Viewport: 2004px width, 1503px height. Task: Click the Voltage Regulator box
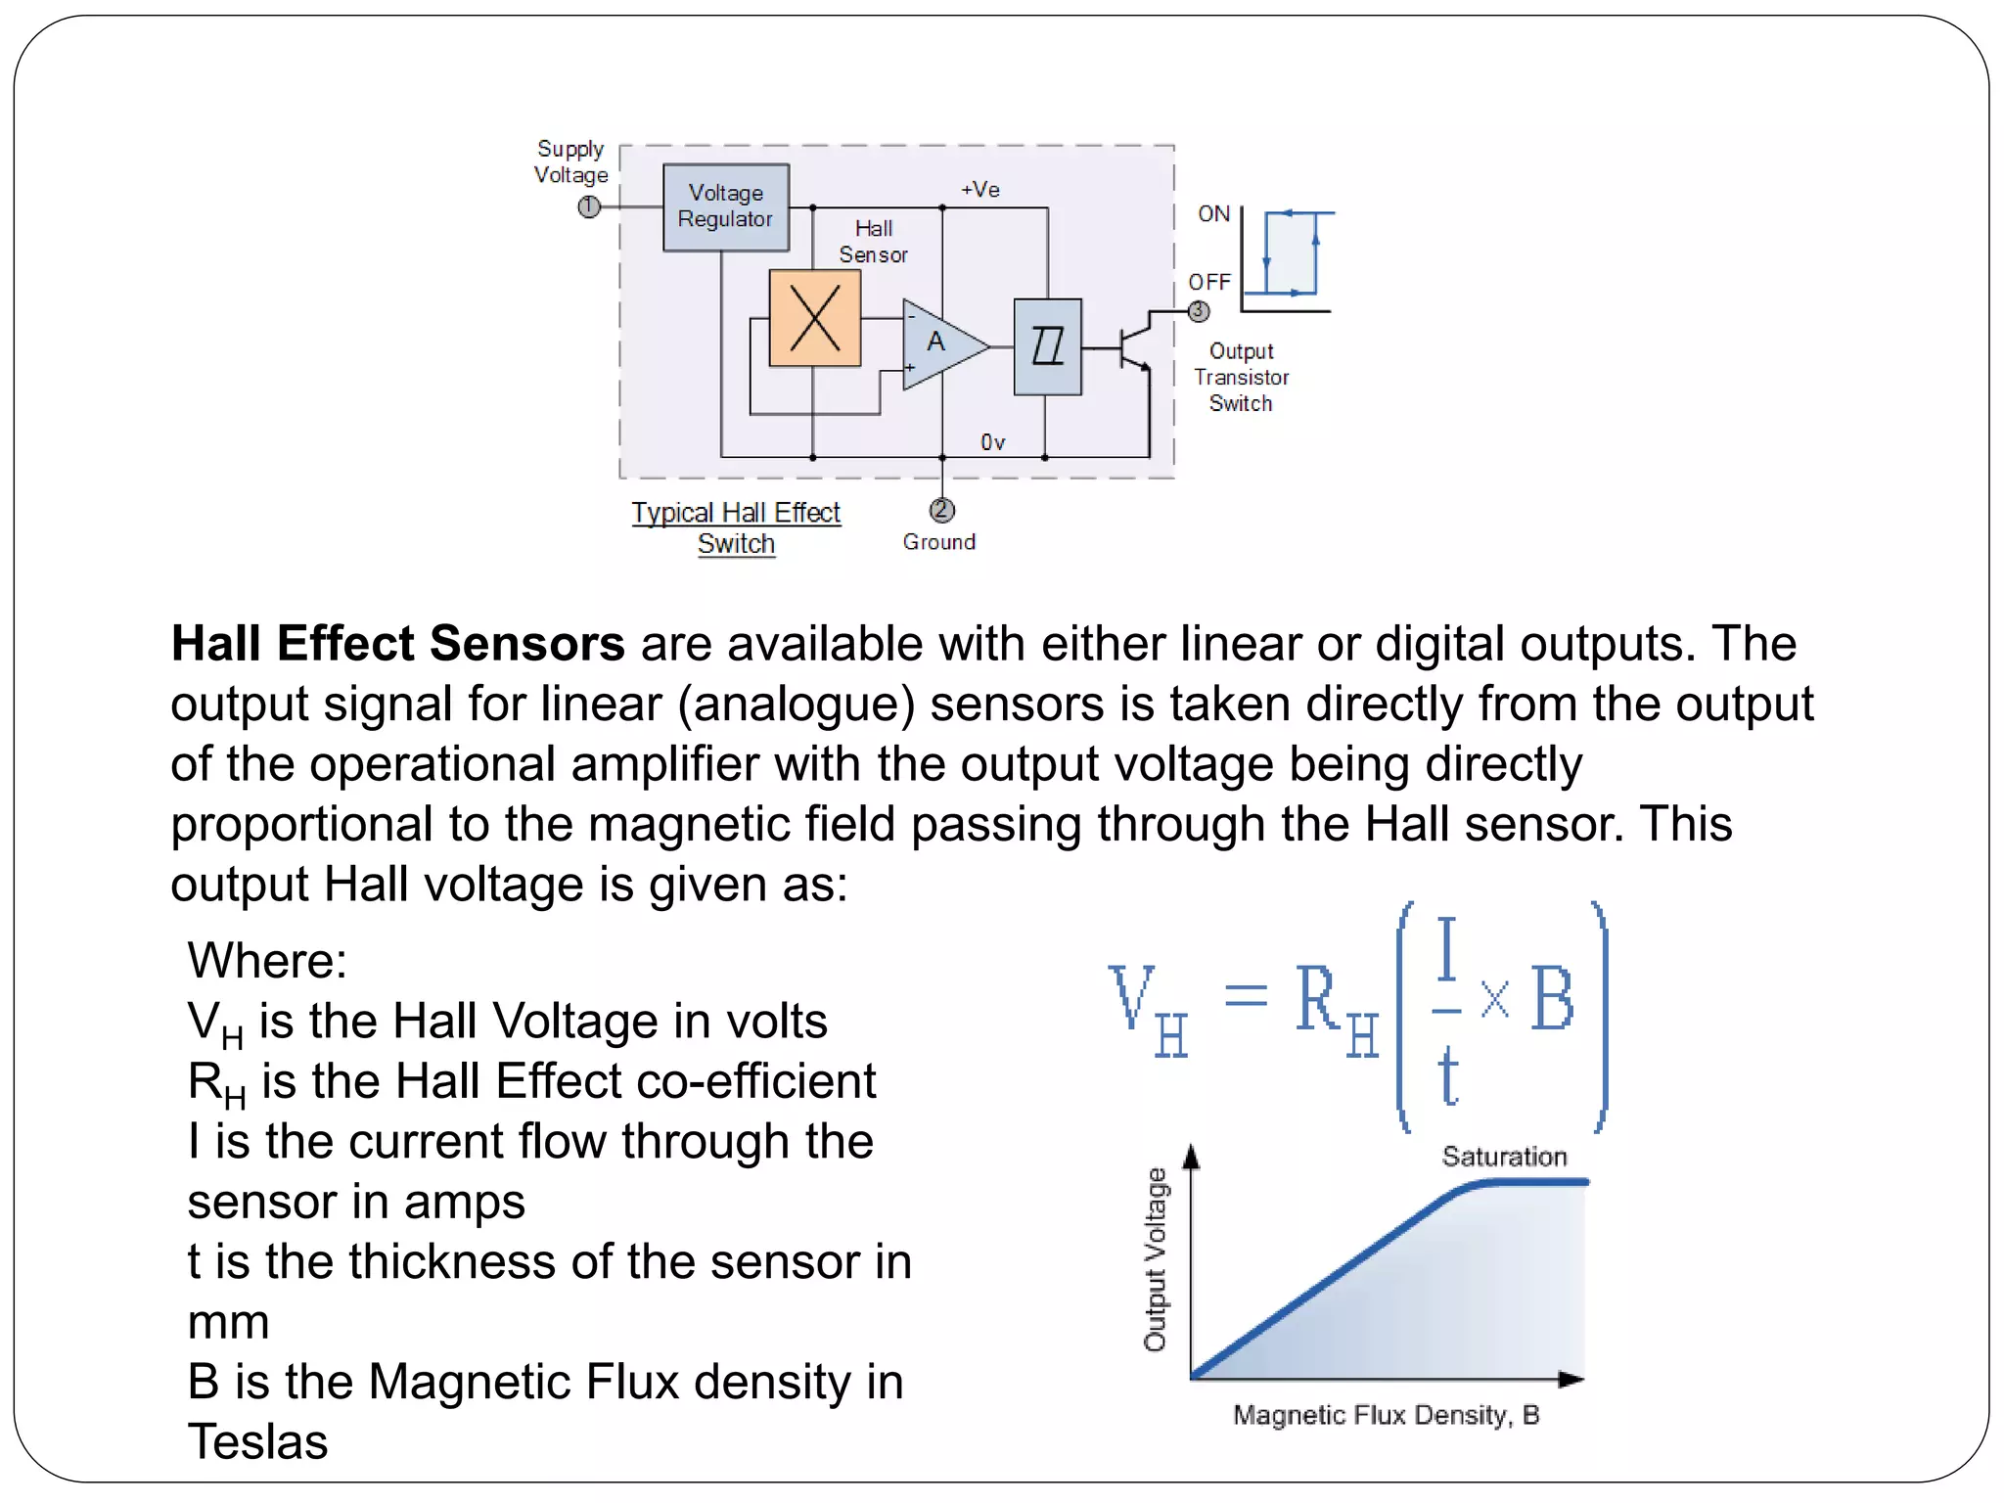click(725, 206)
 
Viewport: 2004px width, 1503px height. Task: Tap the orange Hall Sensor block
click(814, 318)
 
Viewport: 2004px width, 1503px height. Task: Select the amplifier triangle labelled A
click(939, 343)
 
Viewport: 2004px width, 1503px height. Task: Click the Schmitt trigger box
click(1047, 346)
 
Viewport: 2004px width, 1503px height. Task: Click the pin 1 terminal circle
click(589, 207)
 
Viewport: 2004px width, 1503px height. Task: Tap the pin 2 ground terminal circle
click(941, 510)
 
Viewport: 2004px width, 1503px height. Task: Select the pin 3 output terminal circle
click(1199, 311)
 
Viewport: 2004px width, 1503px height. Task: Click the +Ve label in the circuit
click(980, 190)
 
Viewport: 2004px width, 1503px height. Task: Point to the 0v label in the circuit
click(992, 442)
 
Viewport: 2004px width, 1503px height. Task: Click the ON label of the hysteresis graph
click(1213, 214)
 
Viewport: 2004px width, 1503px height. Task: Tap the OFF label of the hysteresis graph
click(1209, 282)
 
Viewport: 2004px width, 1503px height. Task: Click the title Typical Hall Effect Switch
click(736, 527)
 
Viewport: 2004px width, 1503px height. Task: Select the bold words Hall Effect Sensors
click(397, 644)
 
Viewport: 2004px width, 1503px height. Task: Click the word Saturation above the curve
click(1504, 1157)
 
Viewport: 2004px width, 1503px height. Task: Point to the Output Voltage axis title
click(1156, 1259)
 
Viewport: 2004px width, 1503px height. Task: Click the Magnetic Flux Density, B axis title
click(1386, 1415)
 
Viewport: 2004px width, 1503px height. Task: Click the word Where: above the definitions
click(267, 960)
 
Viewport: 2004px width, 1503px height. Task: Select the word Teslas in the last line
click(257, 1441)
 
